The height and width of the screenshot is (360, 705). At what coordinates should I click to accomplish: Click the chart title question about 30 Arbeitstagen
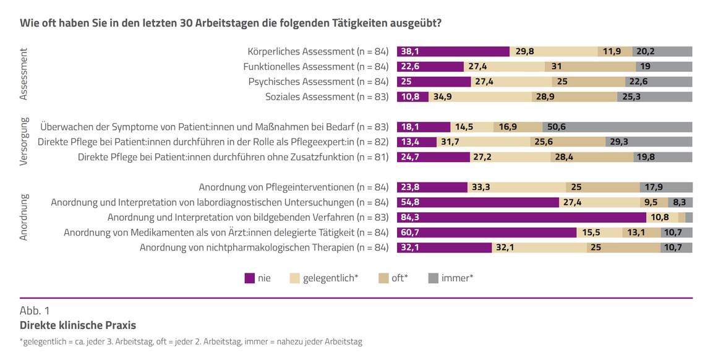pyautogui.click(x=230, y=24)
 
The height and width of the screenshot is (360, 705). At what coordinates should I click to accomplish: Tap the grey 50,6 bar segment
pyautogui.click(x=617, y=127)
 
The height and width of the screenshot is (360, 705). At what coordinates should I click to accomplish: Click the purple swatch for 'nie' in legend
pyautogui.click(x=250, y=278)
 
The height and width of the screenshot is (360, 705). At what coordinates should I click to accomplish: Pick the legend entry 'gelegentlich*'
pyautogui.click(x=323, y=278)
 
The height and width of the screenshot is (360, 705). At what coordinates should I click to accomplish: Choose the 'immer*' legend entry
pyautogui.click(x=450, y=278)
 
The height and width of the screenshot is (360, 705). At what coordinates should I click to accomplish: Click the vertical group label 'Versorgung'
pyautogui.click(x=24, y=142)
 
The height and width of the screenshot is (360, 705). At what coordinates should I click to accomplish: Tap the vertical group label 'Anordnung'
pyautogui.click(x=24, y=217)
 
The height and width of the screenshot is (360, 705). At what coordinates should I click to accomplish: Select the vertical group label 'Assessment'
pyautogui.click(x=24, y=74)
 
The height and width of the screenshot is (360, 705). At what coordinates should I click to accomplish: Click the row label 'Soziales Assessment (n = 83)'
pyautogui.click(x=327, y=96)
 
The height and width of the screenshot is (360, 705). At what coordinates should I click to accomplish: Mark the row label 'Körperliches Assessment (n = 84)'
pyautogui.click(x=318, y=51)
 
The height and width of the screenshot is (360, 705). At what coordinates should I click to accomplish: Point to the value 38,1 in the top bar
pyautogui.click(x=410, y=51)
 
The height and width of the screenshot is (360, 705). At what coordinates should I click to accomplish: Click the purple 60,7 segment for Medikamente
pyautogui.click(x=486, y=233)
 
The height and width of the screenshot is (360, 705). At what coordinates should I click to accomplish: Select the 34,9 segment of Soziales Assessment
pyautogui.click(x=480, y=96)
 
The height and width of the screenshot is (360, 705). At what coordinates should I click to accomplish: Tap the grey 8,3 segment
pyautogui.click(x=680, y=202)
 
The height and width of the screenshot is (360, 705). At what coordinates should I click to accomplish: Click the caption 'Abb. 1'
pyautogui.click(x=35, y=311)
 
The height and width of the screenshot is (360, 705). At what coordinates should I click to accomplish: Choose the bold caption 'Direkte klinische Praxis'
pyautogui.click(x=78, y=325)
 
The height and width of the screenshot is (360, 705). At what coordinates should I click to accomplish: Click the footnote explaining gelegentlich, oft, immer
pyautogui.click(x=191, y=341)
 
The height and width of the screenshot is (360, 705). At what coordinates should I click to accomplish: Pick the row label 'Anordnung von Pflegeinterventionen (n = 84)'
pyautogui.click(x=293, y=187)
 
